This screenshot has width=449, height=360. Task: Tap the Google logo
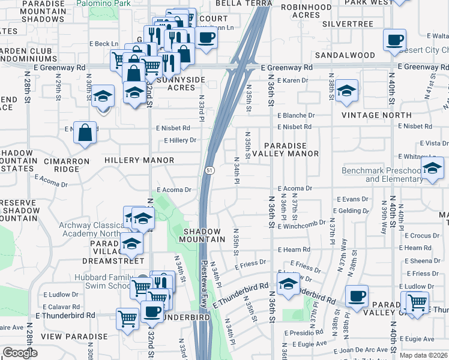click(20, 353)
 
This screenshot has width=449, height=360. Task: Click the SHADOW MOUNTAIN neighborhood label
click(202, 235)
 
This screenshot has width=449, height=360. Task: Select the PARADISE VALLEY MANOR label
click(291, 149)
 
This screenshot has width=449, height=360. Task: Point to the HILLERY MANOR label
click(139, 161)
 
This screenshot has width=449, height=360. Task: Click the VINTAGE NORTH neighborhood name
click(376, 115)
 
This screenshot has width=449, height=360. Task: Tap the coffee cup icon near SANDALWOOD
click(394, 40)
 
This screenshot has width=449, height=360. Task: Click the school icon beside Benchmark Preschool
click(432, 168)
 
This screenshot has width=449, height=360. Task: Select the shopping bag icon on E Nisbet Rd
click(86, 133)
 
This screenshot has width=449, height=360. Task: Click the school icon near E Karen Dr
click(346, 91)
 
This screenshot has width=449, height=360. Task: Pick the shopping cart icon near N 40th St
click(417, 302)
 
